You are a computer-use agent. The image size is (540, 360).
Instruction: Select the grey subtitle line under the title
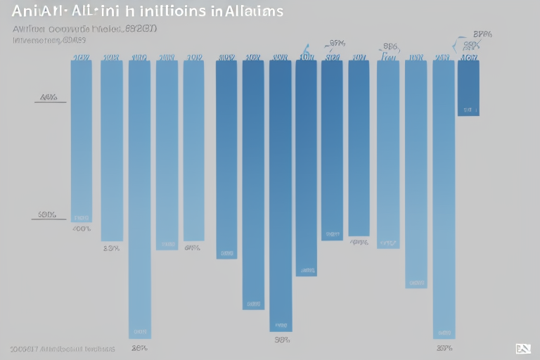pos(85,30)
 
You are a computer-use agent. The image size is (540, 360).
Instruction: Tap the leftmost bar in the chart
pos(82,141)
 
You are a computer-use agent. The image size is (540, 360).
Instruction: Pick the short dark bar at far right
pos(468,88)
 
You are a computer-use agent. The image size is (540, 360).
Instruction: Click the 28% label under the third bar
pos(139,347)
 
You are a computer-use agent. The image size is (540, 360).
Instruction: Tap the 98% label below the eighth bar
pos(281,340)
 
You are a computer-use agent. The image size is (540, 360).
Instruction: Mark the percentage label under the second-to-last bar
pos(444,347)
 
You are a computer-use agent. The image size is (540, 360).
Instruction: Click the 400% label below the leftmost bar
pos(81,229)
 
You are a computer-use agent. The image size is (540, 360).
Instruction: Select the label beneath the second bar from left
pos(111,248)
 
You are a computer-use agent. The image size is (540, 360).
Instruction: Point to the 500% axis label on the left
pos(46,214)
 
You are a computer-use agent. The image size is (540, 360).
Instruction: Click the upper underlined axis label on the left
pos(49,98)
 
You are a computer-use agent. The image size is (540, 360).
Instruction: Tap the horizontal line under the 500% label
pos(49,220)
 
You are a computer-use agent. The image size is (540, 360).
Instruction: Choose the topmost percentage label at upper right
pos(482,33)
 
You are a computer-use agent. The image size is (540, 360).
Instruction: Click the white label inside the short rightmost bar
pos(469,110)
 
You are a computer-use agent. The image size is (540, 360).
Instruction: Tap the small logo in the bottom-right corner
pos(522,348)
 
